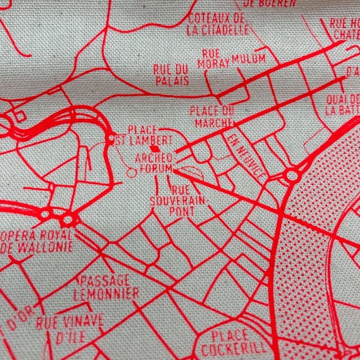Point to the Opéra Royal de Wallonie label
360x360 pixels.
[37, 241]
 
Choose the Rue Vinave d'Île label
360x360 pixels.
[70, 329]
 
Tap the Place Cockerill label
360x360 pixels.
[231, 342]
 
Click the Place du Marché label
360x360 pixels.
[211, 116]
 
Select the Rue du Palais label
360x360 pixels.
[171, 75]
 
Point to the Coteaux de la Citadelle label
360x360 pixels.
[218, 24]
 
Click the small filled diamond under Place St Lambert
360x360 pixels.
[155, 148]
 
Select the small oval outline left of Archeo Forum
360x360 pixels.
[131, 171]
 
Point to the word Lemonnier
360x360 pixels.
[107, 294]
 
